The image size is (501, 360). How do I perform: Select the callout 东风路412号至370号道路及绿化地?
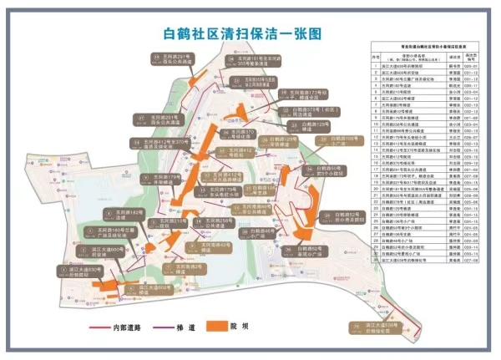[x=159, y=146]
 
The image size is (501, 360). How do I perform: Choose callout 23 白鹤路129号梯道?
[x=283, y=141]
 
